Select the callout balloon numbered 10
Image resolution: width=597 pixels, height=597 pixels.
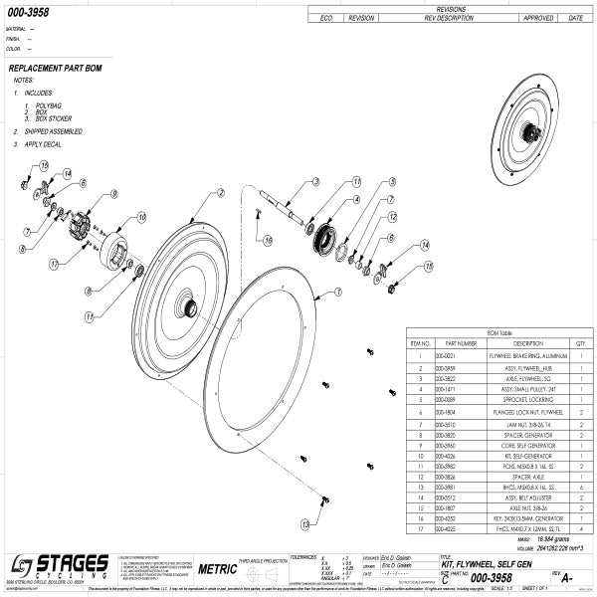[141, 216]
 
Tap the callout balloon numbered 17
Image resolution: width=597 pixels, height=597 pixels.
[52, 263]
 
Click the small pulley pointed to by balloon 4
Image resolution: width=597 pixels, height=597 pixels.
[322, 238]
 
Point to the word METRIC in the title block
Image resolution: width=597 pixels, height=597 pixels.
[218, 570]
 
